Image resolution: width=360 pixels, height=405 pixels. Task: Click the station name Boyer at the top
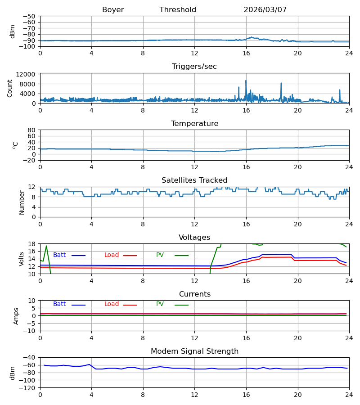(113, 10)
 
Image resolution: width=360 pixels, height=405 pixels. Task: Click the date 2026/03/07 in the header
(265, 10)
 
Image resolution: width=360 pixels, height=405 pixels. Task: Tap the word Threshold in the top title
(178, 10)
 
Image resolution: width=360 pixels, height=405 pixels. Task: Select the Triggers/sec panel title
(194, 67)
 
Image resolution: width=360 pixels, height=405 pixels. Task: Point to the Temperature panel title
(194, 123)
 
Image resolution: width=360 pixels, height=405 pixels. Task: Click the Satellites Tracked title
(194, 180)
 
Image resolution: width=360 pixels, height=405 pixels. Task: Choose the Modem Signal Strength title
(194, 351)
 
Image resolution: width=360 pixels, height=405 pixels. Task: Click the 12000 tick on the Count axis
(26, 74)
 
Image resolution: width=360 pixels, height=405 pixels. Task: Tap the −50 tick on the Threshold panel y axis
(29, 16)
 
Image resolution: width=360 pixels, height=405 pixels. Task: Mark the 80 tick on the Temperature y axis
(31, 130)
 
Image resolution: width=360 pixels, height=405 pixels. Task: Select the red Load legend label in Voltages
(112, 255)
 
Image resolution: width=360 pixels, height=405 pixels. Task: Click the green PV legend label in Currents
(160, 304)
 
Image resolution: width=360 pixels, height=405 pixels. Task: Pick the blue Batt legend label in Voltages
(59, 255)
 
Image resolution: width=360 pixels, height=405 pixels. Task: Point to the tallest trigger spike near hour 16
(246, 81)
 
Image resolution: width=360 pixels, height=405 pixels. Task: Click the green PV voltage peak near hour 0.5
(46, 246)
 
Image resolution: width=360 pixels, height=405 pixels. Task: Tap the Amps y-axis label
(16, 316)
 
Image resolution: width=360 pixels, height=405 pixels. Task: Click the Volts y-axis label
(21, 259)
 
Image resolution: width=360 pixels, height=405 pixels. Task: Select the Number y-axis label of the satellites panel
(22, 202)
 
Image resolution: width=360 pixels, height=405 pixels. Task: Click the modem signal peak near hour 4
(90, 364)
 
